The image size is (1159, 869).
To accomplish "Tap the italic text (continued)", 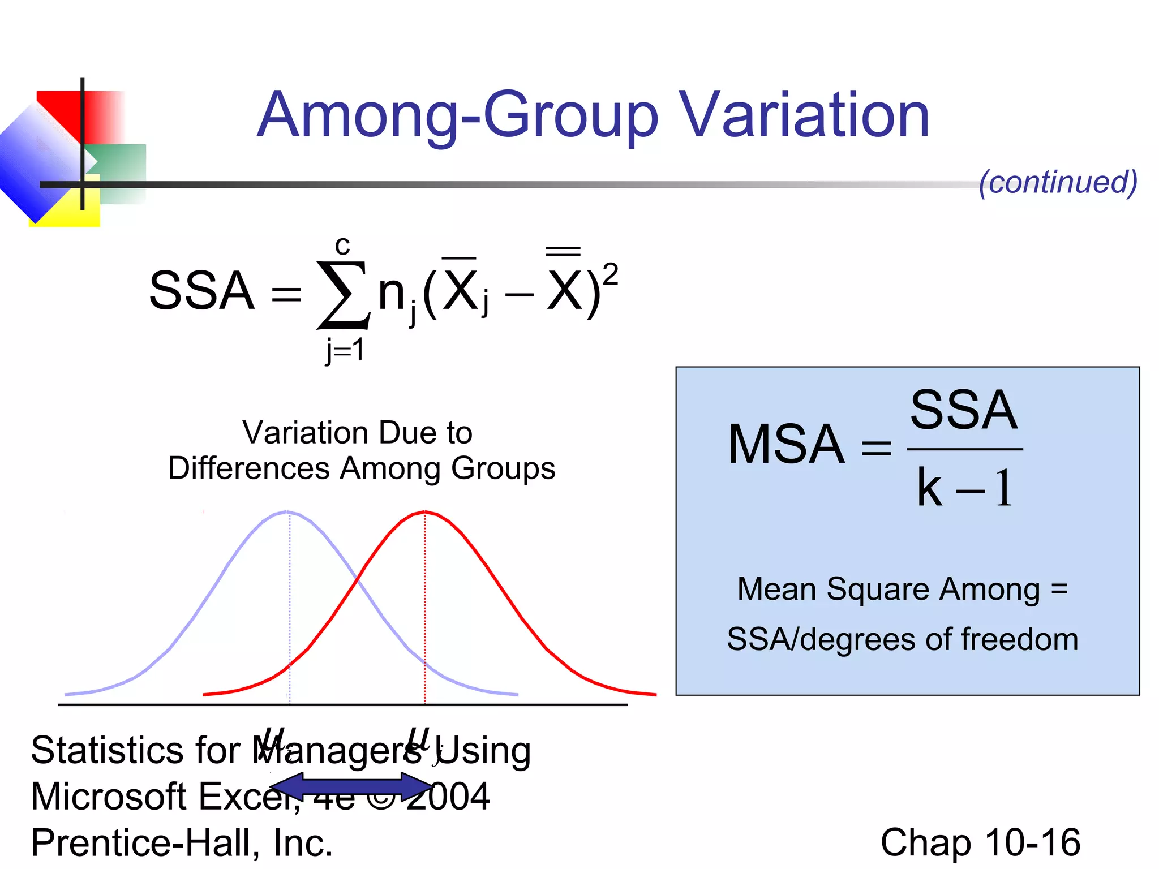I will (x=1058, y=182).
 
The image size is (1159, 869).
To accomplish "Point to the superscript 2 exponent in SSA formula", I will (x=610, y=276).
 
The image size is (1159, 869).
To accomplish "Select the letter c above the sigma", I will (x=342, y=246).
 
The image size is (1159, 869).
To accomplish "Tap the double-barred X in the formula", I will (x=564, y=286).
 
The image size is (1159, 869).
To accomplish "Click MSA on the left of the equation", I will (x=786, y=445).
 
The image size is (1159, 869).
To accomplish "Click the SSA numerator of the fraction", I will (x=964, y=410).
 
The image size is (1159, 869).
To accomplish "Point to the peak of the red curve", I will (x=425, y=512).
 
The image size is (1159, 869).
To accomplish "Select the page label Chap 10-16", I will (x=980, y=842).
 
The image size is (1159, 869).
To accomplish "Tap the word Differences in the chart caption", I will (x=248, y=468).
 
